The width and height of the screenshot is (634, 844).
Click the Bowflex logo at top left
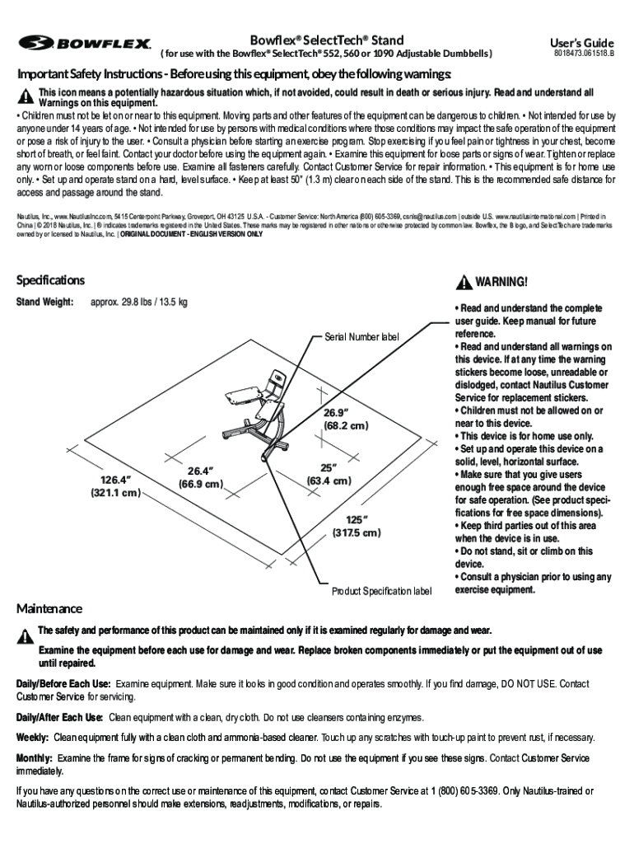86,43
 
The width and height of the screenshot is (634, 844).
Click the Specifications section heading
50,280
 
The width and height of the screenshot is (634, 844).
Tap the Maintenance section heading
49,608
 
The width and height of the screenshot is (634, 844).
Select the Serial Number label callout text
361,336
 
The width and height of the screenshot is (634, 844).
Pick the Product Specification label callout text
381,591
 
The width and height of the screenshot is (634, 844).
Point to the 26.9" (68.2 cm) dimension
345,419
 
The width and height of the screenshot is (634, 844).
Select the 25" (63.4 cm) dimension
329,473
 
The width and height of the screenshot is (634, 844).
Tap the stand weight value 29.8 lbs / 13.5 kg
138,302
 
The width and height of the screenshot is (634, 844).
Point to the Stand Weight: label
46,302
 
